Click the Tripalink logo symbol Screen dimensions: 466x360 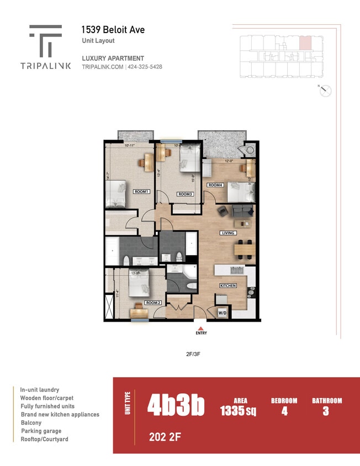(46, 40)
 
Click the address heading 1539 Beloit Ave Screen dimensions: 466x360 (113, 30)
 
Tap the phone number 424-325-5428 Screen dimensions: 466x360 (145, 67)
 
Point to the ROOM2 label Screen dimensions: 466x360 (153, 303)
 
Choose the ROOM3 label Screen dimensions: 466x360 (185, 194)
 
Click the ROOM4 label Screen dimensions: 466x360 (215, 185)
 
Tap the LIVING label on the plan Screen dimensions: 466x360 (228, 233)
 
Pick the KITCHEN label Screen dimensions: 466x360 (228, 285)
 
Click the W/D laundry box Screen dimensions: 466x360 (222, 313)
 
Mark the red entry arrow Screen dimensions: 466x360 (200, 328)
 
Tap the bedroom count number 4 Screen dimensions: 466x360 (284, 411)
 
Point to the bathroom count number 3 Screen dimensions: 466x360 (326, 411)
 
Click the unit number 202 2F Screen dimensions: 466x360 (165, 438)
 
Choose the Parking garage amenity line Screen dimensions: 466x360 (41, 431)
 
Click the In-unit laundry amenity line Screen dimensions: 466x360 (40, 389)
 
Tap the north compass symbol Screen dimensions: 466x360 (325, 91)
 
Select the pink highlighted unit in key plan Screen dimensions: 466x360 (305, 44)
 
